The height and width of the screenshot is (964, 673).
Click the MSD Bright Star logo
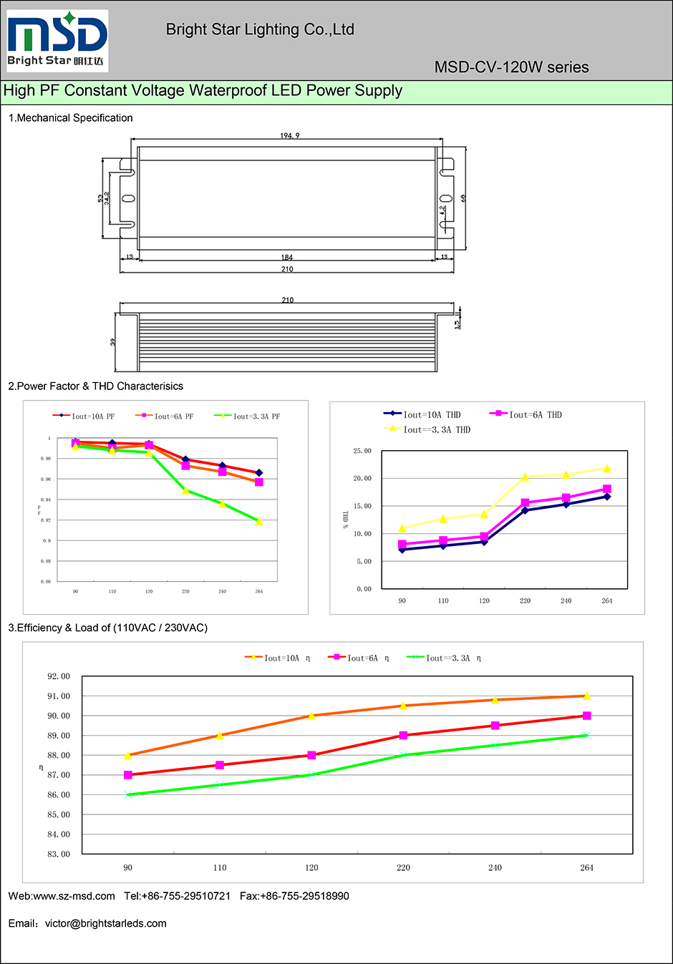[57, 40]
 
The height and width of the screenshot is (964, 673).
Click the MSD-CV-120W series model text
[511, 67]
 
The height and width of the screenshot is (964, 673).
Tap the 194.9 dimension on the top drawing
[289, 136]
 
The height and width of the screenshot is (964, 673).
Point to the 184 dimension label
[287, 258]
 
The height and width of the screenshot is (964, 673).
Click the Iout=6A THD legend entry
[526, 415]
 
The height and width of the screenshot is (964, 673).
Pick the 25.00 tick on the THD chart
[362, 451]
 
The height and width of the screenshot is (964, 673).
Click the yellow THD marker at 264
[607, 469]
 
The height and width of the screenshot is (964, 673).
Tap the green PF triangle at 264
[259, 522]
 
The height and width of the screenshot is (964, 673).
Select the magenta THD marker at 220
[526, 503]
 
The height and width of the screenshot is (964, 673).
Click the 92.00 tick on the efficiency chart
[59, 676]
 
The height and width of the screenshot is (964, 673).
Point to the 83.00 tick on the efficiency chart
[59, 854]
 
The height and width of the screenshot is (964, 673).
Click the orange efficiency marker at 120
[311, 716]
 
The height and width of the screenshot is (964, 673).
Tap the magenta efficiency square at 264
[587, 716]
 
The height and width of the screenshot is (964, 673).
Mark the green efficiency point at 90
[128, 794]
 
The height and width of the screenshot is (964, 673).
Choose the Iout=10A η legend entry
[279, 658]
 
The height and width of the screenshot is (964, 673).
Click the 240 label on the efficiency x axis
[495, 867]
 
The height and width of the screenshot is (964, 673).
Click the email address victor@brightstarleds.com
[106, 923]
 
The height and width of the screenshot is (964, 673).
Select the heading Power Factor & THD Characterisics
[96, 386]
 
